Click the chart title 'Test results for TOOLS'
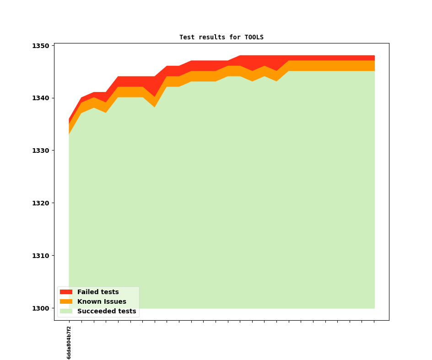coord(221,37)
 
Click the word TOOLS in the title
coord(254,37)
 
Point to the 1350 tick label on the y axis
coord(40,46)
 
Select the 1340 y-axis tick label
coord(40,98)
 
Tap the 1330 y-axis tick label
coord(40,150)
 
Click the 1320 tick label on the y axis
coord(40,203)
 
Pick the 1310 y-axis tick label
coord(40,256)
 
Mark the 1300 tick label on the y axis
coord(40,308)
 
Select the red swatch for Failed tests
coord(66,292)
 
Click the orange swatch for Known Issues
coord(66,301)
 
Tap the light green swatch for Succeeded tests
coord(66,311)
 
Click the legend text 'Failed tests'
coord(98,292)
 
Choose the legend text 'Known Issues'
coord(102,301)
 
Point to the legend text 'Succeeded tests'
coord(107,311)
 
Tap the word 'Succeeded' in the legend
coord(94,311)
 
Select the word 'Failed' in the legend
coord(87,292)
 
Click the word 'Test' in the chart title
coord(187,37)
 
